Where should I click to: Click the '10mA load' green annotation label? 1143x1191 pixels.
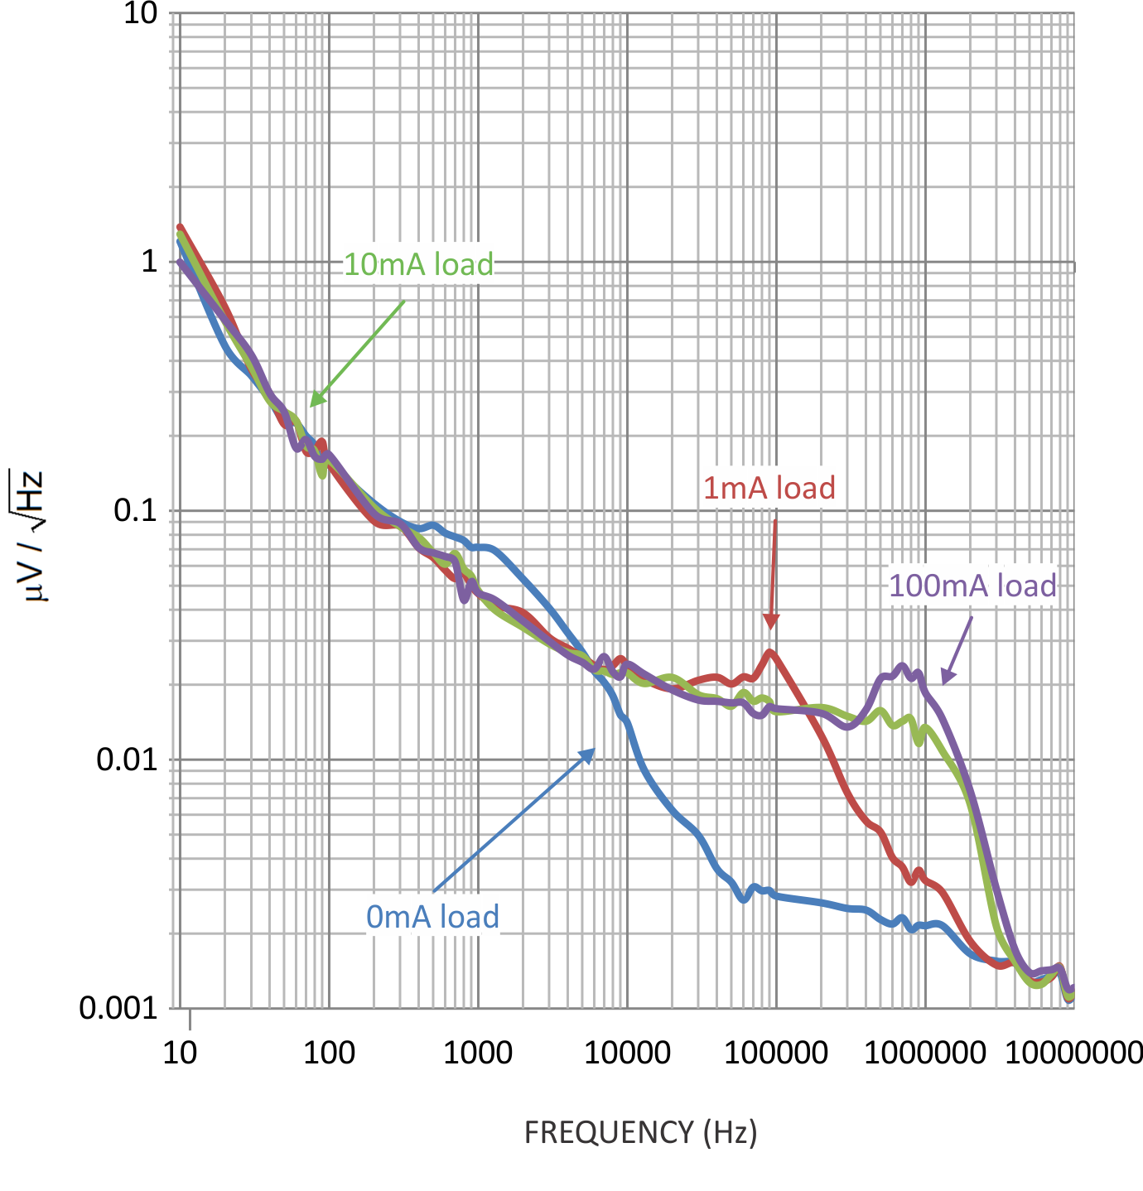click(418, 264)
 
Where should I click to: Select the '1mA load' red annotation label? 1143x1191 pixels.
click(769, 488)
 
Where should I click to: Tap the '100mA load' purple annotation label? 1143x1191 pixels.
click(972, 586)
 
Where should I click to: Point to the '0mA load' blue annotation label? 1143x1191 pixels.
click(432, 917)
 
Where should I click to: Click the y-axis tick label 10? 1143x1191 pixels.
click(140, 13)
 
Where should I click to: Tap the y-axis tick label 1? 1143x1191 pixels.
click(149, 262)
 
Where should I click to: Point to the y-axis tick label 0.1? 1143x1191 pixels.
click(135, 510)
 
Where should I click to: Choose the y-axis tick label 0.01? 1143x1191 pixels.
click(127, 759)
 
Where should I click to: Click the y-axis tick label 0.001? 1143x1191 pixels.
click(118, 1008)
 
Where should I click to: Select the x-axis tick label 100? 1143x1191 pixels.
click(329, 1053)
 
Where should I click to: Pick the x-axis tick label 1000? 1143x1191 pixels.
click(478, 1053)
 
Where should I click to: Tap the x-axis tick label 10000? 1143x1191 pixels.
click(627, 1053)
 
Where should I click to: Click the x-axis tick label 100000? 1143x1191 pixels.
click(776, 1053)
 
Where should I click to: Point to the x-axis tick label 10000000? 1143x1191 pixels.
click(1073, 1053)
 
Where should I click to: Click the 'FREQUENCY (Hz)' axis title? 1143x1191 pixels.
click(640, 1131)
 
